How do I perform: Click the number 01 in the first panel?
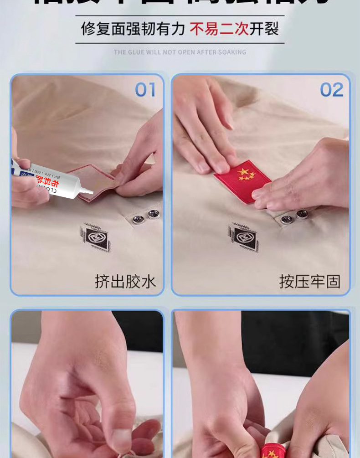(145, 90)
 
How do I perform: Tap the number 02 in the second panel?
(331, 90)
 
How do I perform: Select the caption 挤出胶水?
(125, 281)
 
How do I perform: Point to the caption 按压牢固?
(310, 281)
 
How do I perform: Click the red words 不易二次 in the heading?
(219, 29)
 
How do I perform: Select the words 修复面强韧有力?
(133, 29)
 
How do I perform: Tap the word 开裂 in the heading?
(264, 29)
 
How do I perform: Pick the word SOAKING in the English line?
(231, 52)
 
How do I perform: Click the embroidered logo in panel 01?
(96, 237)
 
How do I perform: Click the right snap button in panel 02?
(302, 214)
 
